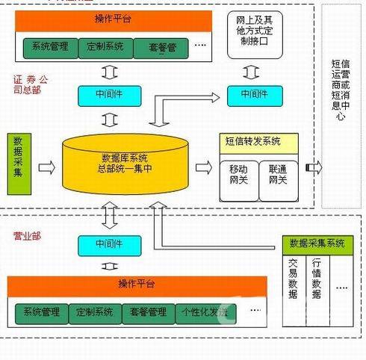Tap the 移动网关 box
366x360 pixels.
click(239, 176)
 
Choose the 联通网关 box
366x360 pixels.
click(279, 176)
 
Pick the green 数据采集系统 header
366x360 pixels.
click(317, 243)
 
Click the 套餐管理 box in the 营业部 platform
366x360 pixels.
click(147, 311)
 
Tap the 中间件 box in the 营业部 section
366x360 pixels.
click(111, 243)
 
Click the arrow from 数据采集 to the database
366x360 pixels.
click(46, 167)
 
